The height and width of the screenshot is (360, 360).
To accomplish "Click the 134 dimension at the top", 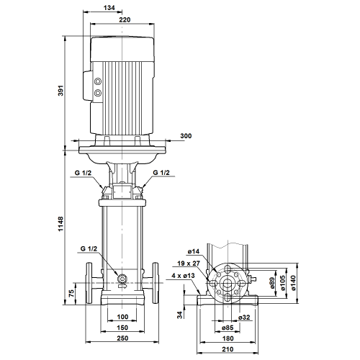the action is (x=109, y=8).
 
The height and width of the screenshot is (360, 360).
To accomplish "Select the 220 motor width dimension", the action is (x=125, y=19).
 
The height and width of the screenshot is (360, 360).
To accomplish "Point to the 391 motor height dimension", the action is (x=61, y=91).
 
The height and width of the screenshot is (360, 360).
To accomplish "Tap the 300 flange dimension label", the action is (x=186, y=136).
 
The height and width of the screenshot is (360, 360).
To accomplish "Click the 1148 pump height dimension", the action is (x=61, y=224).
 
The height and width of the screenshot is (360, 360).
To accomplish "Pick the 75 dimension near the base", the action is (x=71, y=293).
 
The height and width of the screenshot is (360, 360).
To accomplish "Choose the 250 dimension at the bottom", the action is (x=122, y=338).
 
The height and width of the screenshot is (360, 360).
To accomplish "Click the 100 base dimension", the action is (x=122, y=317).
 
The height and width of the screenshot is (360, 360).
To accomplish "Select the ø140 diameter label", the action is (x=294, y=283).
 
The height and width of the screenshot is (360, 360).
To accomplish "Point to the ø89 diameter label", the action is (x=272, y=283).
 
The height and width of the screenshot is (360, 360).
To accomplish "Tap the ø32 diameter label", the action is (x=244, y=318).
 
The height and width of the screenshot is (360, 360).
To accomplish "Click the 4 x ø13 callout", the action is (x=183, y=276).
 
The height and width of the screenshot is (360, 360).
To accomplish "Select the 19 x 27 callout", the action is (x=189, y=264).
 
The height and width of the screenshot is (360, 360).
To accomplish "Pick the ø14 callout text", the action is (x=194, y=251).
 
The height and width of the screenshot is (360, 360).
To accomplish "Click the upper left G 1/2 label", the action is (x=83, y=173).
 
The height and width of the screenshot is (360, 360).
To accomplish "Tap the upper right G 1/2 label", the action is (x=161, y=173).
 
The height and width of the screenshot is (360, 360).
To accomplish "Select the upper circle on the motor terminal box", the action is (x=98, y=81).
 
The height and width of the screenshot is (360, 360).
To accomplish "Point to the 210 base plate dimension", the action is (x=228, y=349).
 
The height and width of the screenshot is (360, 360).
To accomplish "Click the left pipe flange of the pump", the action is (x=89, y=283).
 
